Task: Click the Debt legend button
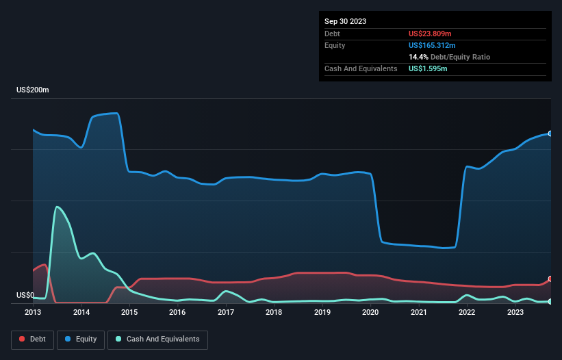[x=32, y=339]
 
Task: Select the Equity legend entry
[x=81, y=339]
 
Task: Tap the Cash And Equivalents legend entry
[x=157, y=339]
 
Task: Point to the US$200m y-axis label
[x=33, y=90]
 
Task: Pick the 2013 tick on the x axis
[x=33, y=313]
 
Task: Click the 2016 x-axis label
[x=177, y=313]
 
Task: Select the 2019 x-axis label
[x=322, y=313]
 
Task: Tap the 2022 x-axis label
[x=466, y=313]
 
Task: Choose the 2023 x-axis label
[x=515, y=313]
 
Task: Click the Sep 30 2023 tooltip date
[x=346, y=21]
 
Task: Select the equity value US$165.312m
[x=435, y=45]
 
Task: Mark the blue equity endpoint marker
[x=550, y=133]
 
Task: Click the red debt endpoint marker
[x=550, y=279]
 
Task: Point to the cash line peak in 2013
[x=57, y=207]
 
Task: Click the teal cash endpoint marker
[x=550, y=302]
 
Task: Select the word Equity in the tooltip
[x=335, y=45]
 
